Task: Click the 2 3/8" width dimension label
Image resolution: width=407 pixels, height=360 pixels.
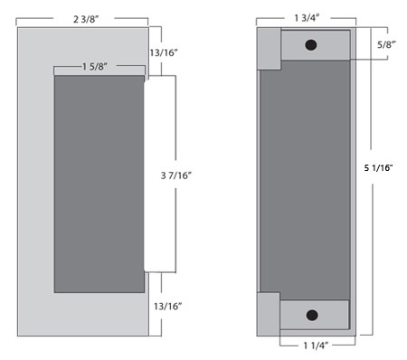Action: (86, 19)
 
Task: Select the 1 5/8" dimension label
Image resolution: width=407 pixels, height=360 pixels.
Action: (95, 66)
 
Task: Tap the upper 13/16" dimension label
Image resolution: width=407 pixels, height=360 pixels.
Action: (164, 52)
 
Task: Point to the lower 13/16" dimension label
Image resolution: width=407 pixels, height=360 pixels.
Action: (168, 307)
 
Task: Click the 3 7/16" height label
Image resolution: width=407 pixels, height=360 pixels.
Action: (176, 175)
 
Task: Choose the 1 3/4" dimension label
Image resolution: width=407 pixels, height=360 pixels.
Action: (307, 18)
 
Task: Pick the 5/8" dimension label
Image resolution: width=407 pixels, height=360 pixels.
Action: (387, 44)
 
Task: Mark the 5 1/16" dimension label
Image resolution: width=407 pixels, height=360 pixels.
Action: (379, 167)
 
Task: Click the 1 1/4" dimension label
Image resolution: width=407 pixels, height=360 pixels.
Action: (316, 346)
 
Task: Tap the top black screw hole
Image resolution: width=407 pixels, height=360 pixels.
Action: (311, 45)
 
